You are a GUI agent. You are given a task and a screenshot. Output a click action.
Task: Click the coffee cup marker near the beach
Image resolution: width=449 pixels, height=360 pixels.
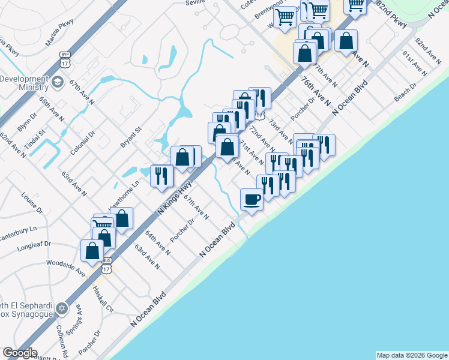click(x=252, y=199)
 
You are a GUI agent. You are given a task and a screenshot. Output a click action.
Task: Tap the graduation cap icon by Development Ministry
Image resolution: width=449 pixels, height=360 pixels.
click(x=58, y=82)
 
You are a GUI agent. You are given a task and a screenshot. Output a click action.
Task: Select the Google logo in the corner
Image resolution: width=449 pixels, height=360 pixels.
click(x=20, y=353)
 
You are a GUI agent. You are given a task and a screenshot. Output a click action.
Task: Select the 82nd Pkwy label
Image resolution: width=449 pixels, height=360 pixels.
click(x=398, y=18)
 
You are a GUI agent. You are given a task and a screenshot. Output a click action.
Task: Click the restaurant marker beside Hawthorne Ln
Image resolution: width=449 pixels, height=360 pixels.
click(x=161, y=176)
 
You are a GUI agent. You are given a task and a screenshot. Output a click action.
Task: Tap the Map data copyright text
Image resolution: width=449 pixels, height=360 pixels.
click(x=411, y=355)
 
